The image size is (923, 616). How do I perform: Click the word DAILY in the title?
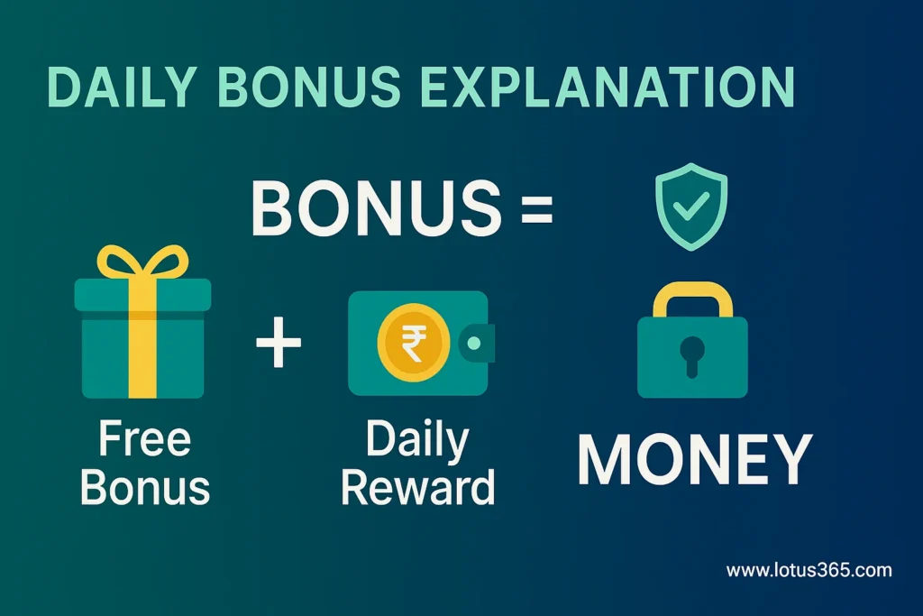pyautogui.click(x=123, y=88)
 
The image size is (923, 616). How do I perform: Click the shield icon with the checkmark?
pyautogui.click(x=691, y=206)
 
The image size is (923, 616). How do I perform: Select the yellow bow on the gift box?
pyautogui.click(x=142, y=262)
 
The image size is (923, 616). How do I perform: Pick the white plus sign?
pyautogui.click(x=279, y=345)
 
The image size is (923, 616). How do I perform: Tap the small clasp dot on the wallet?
pyautogui.click(x=473, y=344)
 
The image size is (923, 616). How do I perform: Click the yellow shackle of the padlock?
pyautogui.click(x=691, y=298)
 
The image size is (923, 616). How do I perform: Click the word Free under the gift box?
pyautogui.click(x=144, y=441)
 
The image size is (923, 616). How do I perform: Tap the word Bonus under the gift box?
pyautogui.click(x=144, y=488)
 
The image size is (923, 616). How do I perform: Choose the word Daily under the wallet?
pyautogui.click(x=418, y=441)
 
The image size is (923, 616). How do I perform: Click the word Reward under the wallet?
pyautogui.click(x=418, y=488)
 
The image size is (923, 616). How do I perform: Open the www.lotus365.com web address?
pyautogui.click(x=809, y=570)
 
